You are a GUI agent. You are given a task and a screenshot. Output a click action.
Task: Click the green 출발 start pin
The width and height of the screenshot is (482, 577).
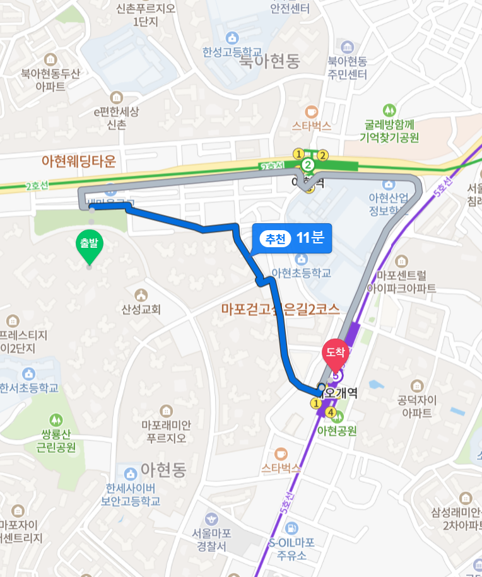click(90, 246)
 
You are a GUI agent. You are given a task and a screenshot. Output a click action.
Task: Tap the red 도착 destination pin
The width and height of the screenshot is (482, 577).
click(336, 354)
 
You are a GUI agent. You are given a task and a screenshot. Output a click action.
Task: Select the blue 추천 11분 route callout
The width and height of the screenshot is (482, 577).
click(291, 238)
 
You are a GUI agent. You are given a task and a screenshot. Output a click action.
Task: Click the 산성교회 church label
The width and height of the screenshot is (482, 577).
click(141, 310)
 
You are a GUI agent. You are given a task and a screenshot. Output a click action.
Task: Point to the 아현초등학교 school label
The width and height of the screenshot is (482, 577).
click(301, 273)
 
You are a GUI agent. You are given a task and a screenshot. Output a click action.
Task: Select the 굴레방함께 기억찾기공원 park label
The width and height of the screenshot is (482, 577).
click(389, 131)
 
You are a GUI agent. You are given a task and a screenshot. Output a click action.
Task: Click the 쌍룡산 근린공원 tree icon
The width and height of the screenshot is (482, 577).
click(57, 419)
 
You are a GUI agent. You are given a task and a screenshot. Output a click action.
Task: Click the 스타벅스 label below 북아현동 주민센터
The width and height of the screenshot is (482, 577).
click(311, 125)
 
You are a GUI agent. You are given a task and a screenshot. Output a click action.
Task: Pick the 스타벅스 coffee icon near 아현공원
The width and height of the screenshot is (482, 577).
click(281, 453)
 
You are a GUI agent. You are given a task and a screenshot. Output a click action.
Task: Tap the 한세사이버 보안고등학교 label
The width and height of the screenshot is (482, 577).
click(130, 495)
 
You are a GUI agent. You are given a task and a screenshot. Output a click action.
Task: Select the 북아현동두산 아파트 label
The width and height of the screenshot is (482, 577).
click(50, 79)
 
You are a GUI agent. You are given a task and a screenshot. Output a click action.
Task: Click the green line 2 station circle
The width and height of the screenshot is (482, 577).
click(308, 165)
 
